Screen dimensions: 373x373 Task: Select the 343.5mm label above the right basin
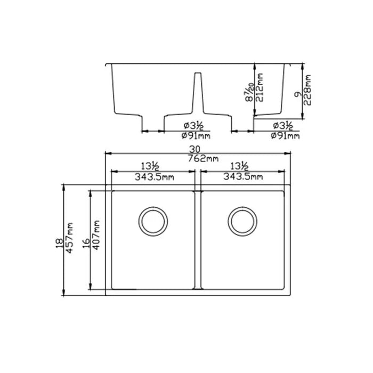tap(243, 176)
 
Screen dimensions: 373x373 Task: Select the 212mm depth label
tap(261, 90)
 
